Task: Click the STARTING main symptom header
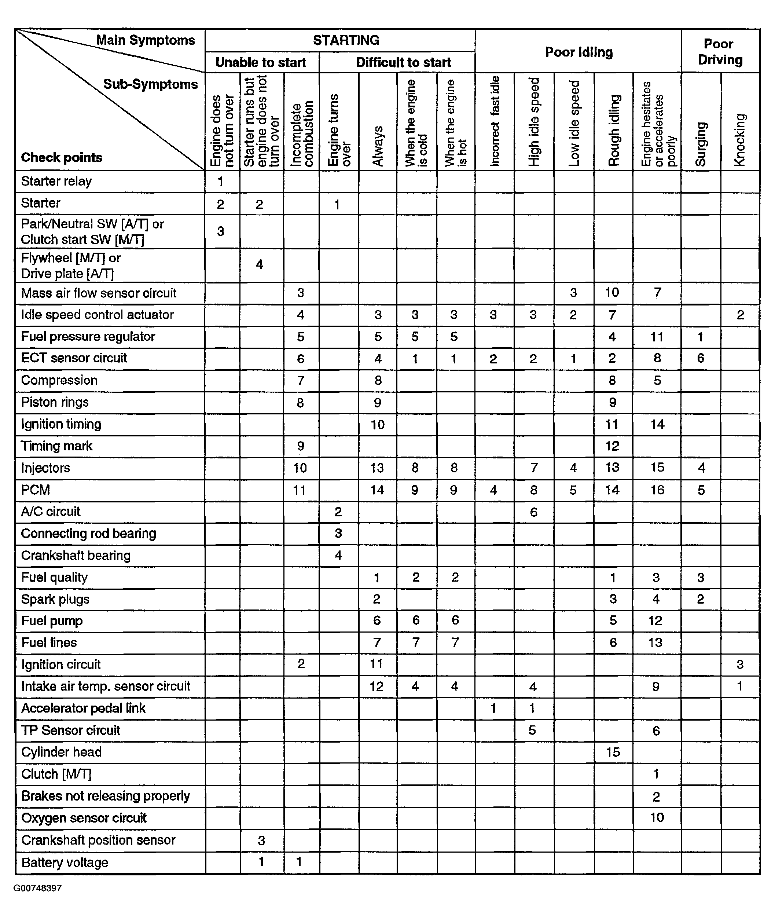click(x=346, y=40)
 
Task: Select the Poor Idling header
click(x=579, y=52)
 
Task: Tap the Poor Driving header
click(x=720, y=52)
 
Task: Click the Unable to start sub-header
click(x=261, y=62)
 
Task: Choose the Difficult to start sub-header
click(x=403, y=62)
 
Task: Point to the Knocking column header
click(x=740, y=140)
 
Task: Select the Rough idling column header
click(x=613, y=131)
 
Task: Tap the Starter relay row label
click(x=56, y=181)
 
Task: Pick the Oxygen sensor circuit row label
click(x=84, y=817)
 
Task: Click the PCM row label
click(x=35, y=490)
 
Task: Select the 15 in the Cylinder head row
click(x=613, y=752)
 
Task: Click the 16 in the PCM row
click(x=657, y=490)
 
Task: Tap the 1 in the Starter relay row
click(x=221, y=182)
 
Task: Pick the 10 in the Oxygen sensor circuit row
click(x=657, y=817)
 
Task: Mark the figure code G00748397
click(x=37, y=888)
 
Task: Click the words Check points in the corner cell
click(x=62, y=157)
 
